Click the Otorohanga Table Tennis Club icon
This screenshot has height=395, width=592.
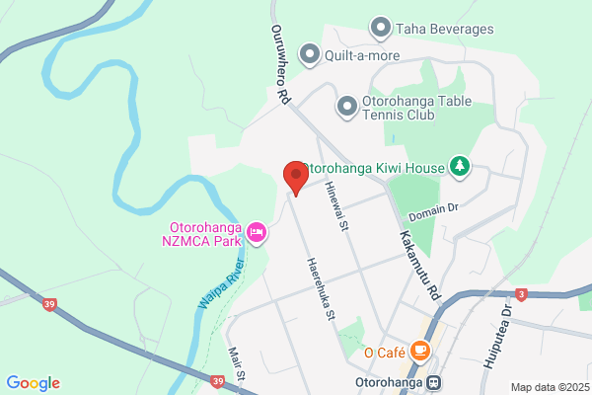click(346, 105)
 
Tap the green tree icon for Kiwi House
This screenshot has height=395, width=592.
click(458, 167)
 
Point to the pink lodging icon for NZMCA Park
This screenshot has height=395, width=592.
click(257, 232)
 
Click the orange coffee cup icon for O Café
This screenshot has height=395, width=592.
click(420, 351)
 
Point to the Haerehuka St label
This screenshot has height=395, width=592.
click(319, 289)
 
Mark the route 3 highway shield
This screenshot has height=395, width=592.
click(521, 294)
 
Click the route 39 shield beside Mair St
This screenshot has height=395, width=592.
click(217, 379)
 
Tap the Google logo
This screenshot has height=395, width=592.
click(33, 383)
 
